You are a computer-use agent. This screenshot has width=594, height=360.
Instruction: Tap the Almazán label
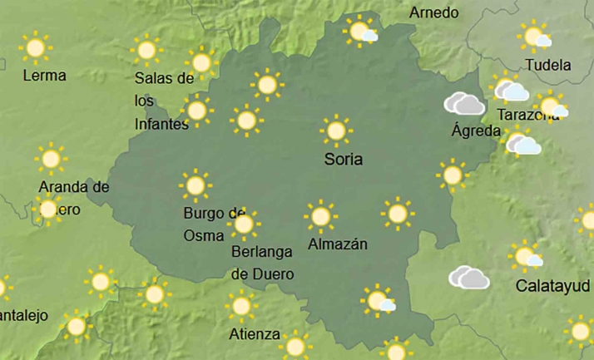338,244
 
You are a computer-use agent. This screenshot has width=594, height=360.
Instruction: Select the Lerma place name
44,75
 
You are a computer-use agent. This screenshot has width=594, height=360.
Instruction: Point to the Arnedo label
433,12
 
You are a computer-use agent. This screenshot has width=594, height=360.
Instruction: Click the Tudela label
548,65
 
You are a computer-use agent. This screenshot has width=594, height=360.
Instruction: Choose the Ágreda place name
476,131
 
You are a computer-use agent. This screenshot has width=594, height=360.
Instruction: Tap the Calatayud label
553,286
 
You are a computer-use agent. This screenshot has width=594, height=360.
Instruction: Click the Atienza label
255,334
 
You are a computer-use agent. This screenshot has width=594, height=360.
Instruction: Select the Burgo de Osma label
213,224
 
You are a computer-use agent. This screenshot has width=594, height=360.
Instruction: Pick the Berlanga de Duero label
262,262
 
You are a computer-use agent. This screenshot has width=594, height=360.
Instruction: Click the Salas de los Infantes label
164,101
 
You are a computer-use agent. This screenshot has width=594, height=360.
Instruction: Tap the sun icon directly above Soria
336,131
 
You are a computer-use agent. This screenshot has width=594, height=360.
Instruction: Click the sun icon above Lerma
35,47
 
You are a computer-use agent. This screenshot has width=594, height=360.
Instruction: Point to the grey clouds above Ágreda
464,104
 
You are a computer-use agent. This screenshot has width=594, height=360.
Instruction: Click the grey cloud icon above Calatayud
469,278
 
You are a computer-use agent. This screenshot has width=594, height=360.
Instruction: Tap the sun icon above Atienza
241,306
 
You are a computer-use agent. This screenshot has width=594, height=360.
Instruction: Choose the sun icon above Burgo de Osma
196,185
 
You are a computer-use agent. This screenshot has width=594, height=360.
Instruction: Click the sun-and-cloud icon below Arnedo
362,32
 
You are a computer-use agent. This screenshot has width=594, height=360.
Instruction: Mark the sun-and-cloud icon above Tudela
534,37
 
